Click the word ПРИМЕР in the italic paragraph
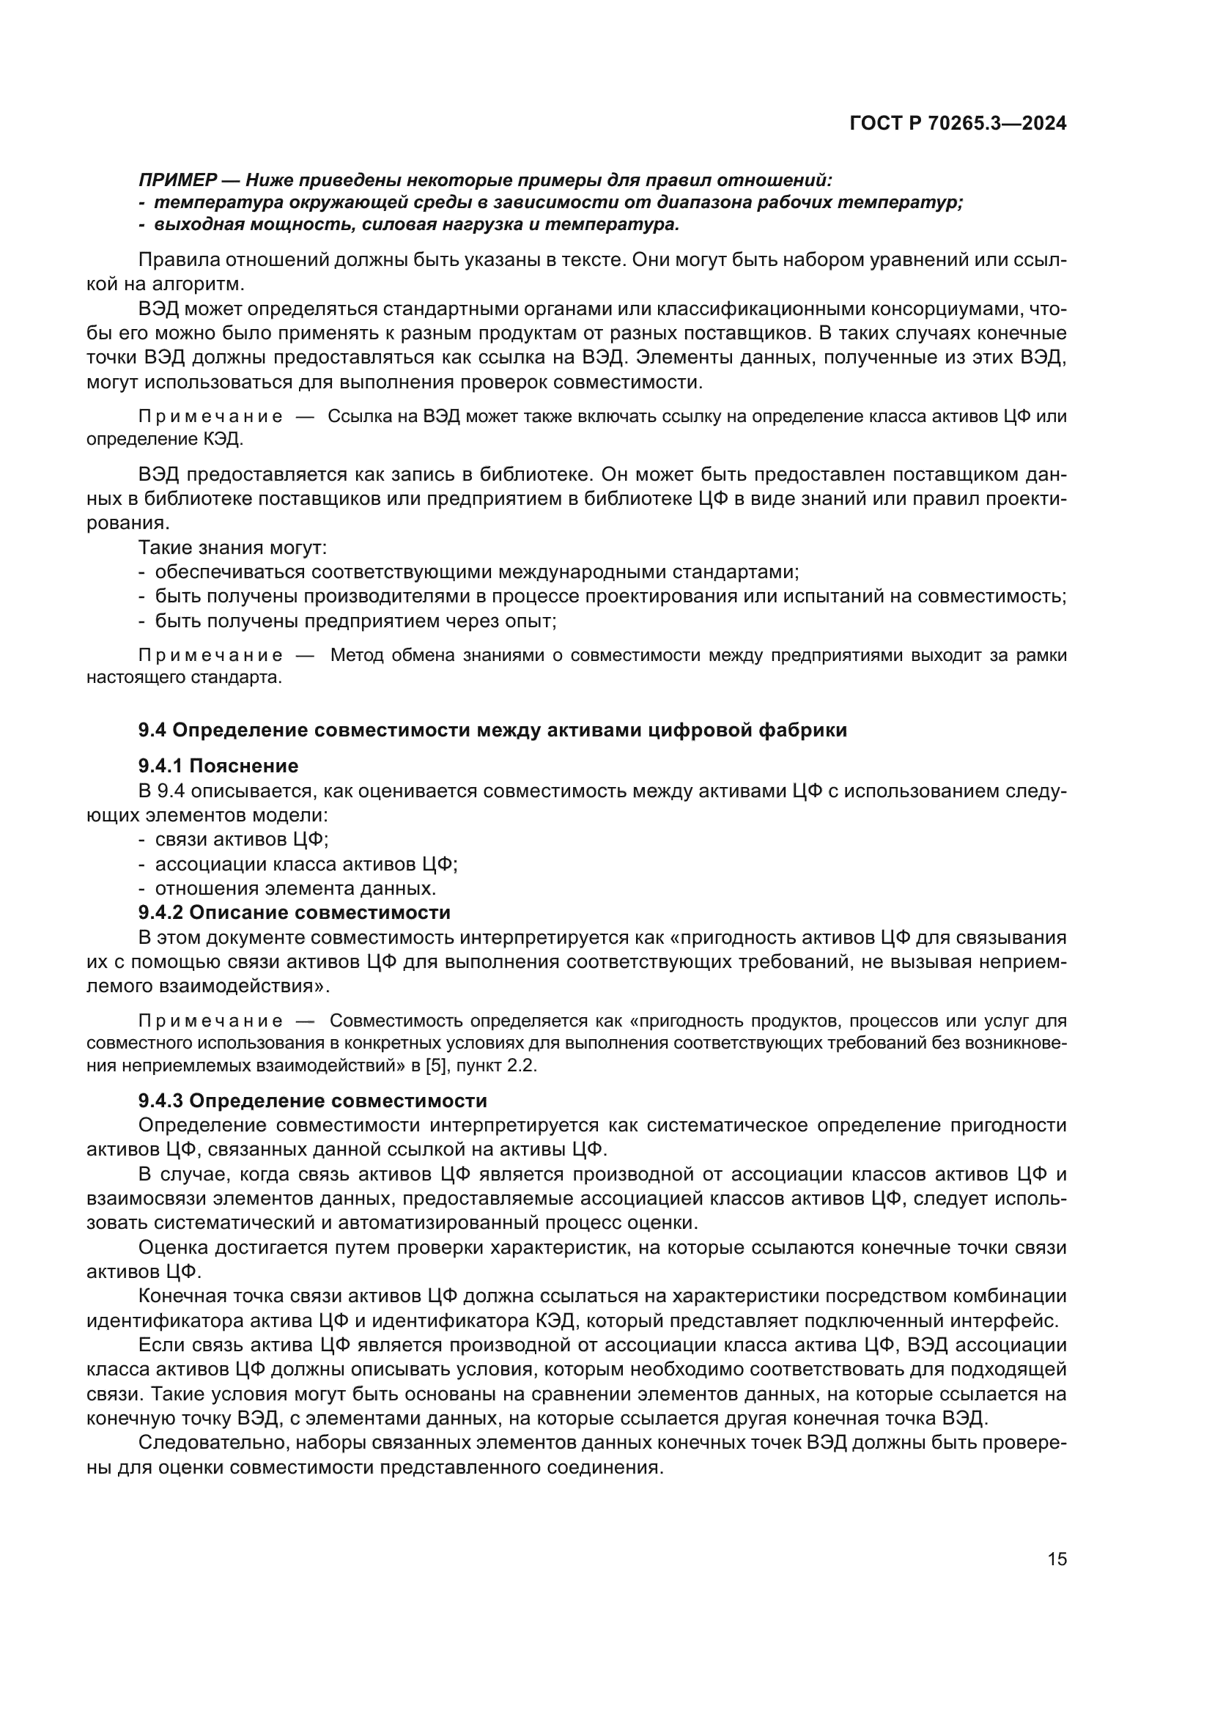[x=177, y=180]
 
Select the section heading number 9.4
[x=152, y=730]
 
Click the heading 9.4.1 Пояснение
[x=218, y=766]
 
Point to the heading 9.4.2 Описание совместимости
[x=294, y=912]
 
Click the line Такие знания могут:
[x=233, y=547]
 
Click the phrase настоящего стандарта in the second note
[x=184, y=678]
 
